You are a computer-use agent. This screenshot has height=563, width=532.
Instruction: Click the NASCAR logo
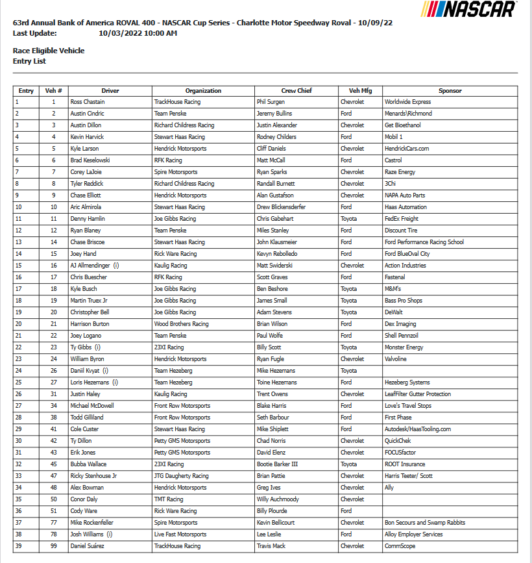[469, 9]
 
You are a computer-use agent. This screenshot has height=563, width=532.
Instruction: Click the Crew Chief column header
[296, 91]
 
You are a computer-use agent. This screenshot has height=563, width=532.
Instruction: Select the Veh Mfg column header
[360, 91]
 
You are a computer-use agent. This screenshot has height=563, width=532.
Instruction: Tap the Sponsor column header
[450, 91]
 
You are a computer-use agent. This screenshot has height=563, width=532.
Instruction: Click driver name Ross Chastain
[87, 102]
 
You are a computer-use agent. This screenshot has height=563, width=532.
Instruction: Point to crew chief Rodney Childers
[275, 137]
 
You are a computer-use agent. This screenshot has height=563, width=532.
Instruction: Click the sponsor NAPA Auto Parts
[405, 195]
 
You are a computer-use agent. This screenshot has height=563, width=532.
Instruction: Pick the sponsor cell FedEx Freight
[402, 219]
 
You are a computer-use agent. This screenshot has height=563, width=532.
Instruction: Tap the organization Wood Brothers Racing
[181, 324]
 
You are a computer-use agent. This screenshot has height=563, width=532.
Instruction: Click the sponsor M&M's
[394, 289]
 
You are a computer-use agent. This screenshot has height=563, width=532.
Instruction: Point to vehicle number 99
[54, 546]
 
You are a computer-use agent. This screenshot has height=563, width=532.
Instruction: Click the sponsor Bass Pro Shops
[403, 301]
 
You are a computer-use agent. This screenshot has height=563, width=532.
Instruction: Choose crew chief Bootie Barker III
[277, 464]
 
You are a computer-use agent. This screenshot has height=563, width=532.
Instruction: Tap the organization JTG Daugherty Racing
[181, 476]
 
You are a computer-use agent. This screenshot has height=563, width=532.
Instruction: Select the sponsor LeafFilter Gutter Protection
[418, 394]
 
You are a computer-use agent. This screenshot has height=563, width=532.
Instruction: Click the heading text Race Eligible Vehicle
[49, 51]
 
